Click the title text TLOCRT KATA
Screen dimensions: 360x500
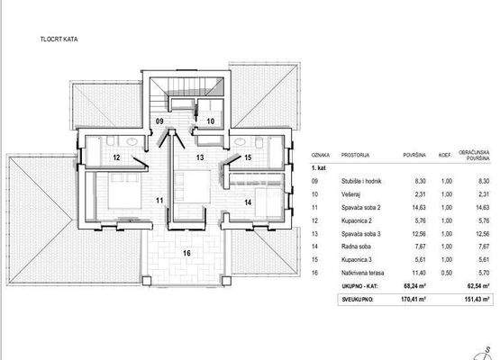pyautogui.click(x=59, y=40)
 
